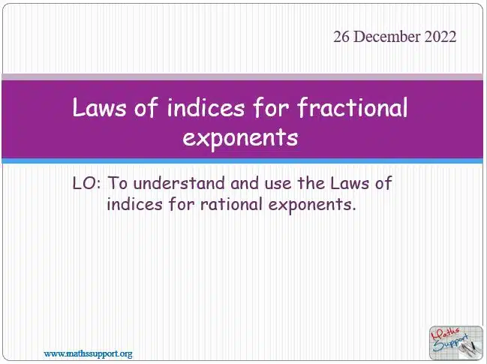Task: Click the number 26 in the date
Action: click(341, 37)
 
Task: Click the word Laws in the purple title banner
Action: click(99, 107)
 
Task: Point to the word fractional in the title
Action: click(352, 107)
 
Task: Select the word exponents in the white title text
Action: click(240, 138)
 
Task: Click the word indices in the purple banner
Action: click(206, 107)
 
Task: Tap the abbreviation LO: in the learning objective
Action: click(86, 183)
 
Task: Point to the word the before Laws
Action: click(311, 183)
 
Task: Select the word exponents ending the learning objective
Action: click(312, 206)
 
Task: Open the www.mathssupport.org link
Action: click(89, 353)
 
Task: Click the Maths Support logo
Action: click(456, 342)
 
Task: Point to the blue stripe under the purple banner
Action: click(242, 161)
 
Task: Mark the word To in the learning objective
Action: click(118, 183)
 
